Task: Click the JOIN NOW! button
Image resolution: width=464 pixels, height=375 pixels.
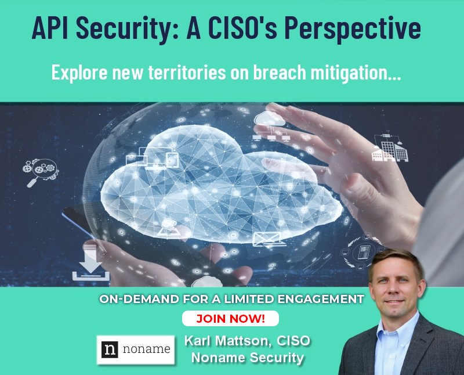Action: tap(230, 319)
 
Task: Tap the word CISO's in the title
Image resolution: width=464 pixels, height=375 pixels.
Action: tap(242, 27)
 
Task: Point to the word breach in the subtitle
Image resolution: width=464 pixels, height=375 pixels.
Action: tap(280, 73)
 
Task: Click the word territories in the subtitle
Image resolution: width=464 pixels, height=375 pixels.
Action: tap(187, 73)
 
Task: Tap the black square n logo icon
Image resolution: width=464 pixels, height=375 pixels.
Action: tap(110, 349)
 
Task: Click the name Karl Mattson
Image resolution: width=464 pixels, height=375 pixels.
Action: tap(227, 341)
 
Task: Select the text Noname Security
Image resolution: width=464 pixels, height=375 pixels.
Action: tap(248, 358)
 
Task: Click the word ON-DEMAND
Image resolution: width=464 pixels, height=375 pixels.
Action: tap(139, 299)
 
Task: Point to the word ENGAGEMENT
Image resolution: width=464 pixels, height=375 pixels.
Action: tap(321, 299)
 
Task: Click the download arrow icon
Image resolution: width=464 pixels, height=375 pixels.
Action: tap(91, 263)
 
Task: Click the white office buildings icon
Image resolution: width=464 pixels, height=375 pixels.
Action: tap(389, 148)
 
